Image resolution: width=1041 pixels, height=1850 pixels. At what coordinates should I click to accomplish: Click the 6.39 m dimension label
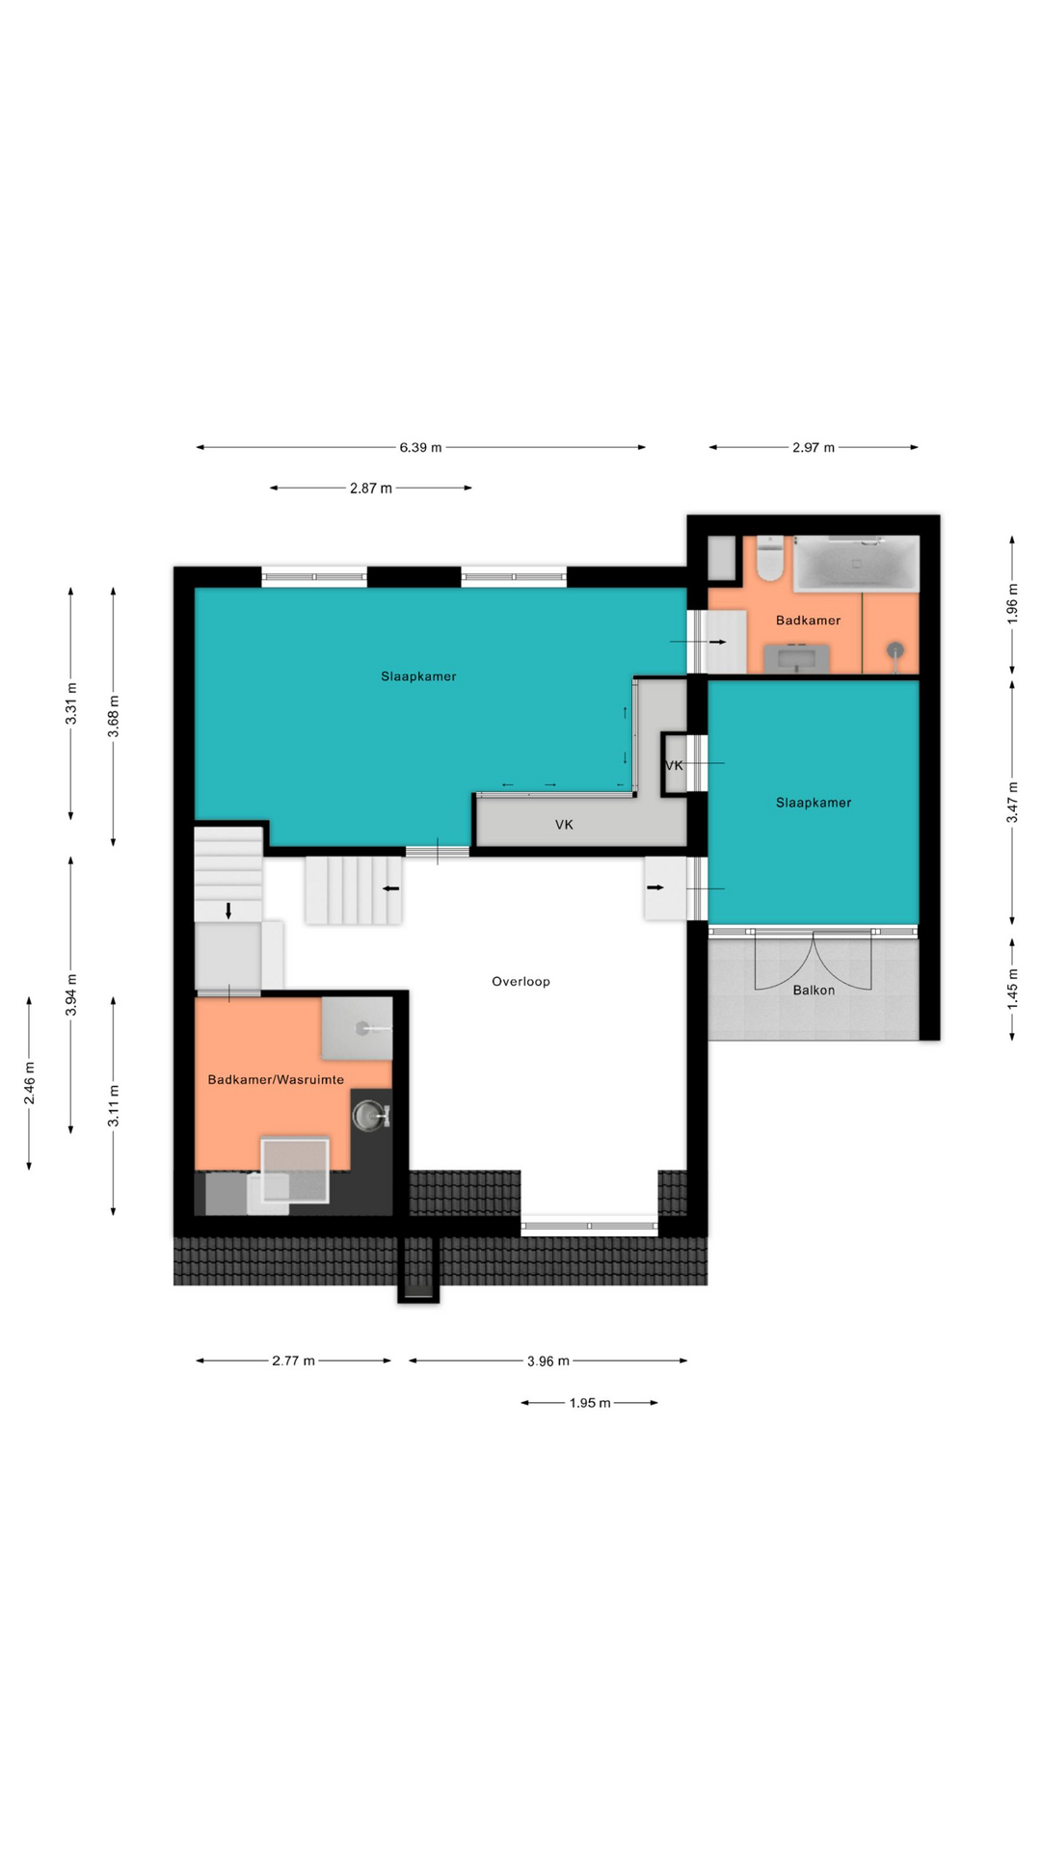[x=420, y=447]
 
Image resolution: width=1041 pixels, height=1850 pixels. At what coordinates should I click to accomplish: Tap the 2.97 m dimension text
[x=814, y=447]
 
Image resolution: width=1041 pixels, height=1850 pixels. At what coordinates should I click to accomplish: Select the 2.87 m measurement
[x=371, y=489]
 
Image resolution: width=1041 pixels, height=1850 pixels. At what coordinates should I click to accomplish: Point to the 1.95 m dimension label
[x=590, y=1403]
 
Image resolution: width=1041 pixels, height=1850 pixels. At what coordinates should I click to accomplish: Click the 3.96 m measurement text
[x=548, y=1361]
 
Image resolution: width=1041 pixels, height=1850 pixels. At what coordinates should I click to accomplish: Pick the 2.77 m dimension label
[x=293, y=1361]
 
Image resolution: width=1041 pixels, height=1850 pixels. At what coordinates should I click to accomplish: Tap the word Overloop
[x=520, y=982]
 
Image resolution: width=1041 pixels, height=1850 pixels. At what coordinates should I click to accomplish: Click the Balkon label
[x=814, y=991]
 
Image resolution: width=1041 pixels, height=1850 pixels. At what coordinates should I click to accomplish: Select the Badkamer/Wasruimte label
[x=276, y=1080]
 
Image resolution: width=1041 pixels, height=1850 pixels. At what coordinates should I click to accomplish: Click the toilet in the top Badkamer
[x=770, y=559]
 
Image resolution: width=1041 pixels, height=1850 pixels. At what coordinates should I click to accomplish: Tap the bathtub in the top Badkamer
[x=856, y=564]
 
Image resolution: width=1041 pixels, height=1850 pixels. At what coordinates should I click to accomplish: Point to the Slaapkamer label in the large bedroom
[x=418, y=676]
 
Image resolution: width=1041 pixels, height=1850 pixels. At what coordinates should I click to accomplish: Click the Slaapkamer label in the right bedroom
[x=814, y=803]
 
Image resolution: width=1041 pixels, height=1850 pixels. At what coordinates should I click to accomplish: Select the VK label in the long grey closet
[x=564, y=825]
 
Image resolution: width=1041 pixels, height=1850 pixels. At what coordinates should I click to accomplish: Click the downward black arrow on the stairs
[x=228, y=911]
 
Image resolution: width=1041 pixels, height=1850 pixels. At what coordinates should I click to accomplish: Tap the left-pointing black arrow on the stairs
[x=391, y=888]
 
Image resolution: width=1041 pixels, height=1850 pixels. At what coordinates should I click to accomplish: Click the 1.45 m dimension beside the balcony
[x=1013, y=990]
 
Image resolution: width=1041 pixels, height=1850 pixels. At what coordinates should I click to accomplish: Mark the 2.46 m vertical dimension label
[x=30, y=1082]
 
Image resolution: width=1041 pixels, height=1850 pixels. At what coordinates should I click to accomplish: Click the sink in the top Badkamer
[x=796, y=659]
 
